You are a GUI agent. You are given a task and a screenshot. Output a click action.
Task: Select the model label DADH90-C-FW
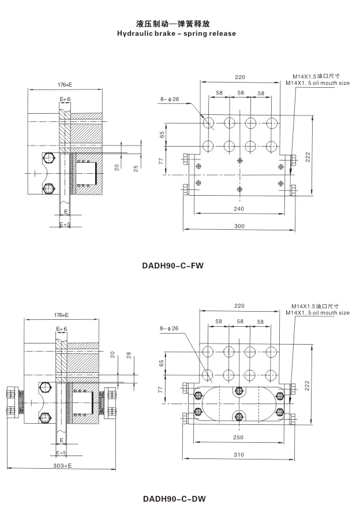[x=173, y=267]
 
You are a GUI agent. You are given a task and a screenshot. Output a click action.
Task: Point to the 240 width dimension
[x=238, y=208]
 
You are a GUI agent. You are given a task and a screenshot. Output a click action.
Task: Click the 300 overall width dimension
[x=238, y=226]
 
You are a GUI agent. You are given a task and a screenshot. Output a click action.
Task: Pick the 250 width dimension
[x=238, y=438]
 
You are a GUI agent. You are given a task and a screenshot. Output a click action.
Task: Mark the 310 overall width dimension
[x=238, y=455]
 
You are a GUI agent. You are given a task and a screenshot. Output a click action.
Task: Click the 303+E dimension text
[x=62, y=465]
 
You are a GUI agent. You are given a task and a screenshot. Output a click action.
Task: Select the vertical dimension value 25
[x=136, y=167]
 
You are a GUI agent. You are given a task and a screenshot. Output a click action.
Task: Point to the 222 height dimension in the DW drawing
[x=309, y=384]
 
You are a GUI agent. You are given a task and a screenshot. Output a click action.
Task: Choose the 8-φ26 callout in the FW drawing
[x=170, y=99]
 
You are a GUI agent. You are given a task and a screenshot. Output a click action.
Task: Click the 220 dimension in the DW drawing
[x=239, y=306]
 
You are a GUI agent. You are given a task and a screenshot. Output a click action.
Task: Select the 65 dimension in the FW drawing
[x=163, y=134]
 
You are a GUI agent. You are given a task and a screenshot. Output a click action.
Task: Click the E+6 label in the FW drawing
[x=65, y=99]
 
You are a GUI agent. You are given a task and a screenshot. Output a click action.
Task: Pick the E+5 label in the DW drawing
[x=63, y=453]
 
